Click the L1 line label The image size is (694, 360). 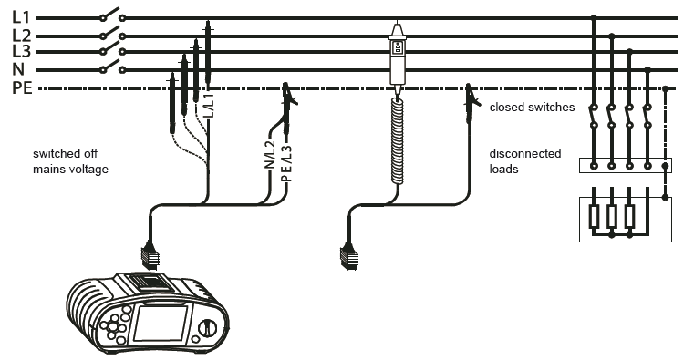point(21,17)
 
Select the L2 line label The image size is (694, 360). point(22,36)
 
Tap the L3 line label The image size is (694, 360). point(22,51)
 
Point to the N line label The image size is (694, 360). point(18,69)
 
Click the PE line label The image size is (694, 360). point(22,88)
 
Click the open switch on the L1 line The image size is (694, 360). point(112,15)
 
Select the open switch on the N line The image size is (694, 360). point(112,67)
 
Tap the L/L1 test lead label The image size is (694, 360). point(210,105)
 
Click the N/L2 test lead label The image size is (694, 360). point(270,154)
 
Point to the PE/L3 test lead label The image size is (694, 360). point(286,164)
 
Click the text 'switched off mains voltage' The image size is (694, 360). point(70,161)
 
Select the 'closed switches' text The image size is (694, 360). point(532,107)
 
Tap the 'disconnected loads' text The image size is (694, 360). point(525,161)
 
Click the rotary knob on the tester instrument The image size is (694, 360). point(206,328)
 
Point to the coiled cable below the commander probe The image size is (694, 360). point(398,140)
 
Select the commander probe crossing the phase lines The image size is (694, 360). point(397,57)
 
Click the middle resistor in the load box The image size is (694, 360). point(612,216)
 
